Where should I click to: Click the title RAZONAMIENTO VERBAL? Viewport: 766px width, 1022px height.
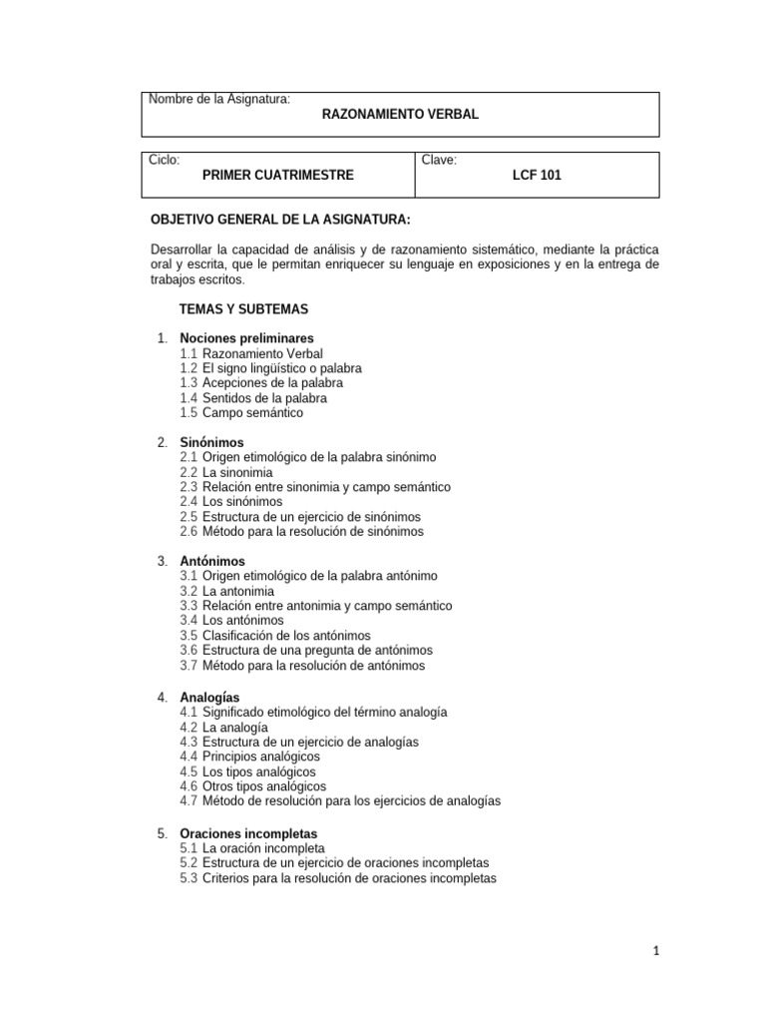point(400,115)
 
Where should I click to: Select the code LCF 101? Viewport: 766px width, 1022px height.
point(537,175)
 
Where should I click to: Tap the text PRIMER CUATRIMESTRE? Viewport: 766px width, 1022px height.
point(277,175)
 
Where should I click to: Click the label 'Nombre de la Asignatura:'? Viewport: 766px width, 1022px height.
point(219,100)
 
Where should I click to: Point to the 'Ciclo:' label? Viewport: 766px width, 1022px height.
point(165,160)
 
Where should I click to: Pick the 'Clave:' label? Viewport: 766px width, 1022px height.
point(440,160)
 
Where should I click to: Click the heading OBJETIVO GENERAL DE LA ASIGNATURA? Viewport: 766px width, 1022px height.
point(279,220)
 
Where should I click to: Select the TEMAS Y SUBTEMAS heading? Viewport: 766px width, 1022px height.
point(243,309)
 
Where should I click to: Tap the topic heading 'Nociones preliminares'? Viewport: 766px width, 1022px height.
point(246,338)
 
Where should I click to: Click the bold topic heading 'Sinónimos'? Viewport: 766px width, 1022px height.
point(211,442)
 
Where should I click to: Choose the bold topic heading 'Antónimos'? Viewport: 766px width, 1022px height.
point(212,562)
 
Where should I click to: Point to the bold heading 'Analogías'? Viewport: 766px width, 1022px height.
point(209,697)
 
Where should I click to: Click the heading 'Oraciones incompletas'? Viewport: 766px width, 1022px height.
point(248,833)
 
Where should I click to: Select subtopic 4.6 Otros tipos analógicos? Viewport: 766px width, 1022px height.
point(252,786)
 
